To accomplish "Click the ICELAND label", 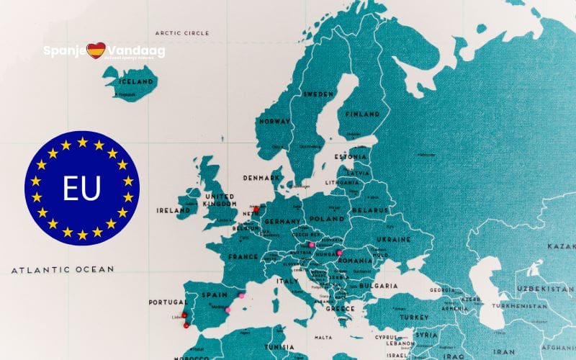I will (x=135, y=82).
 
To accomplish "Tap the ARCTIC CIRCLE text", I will (x=182, y=33).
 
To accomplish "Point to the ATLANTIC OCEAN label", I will (x=63, y=269).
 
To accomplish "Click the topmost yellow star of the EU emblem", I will (x=81, y=141).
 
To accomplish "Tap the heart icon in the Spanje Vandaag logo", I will (x=96, y=50).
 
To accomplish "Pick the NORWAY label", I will (x=274, y=122).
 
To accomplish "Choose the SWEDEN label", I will (x=318, y=94).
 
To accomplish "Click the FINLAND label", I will (x=362, y=114).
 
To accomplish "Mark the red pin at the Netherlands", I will (x=256, y=210).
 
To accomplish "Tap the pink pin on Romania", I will (x=339, y=253).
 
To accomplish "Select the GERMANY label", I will (x=282, y=222).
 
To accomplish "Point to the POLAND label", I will (x=328, y=218).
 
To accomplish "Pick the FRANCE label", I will (x=243, y=256).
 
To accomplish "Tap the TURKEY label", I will (x=415, y=317).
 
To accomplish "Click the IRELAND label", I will (x=173, y=211).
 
